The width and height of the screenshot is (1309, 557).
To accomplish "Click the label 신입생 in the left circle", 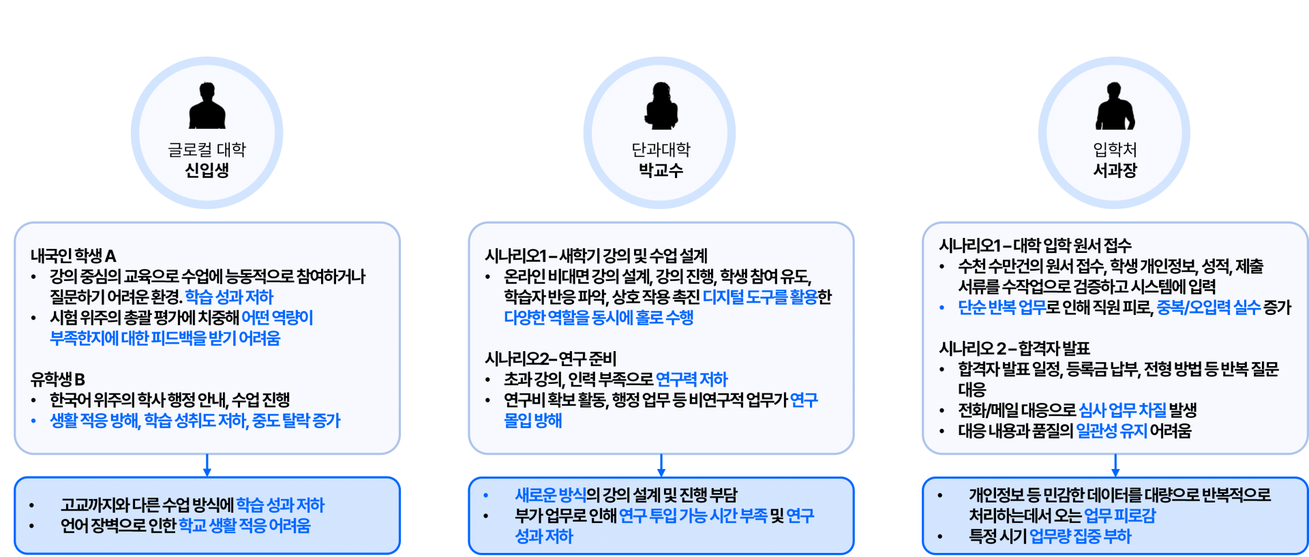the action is click(x=207, y=170).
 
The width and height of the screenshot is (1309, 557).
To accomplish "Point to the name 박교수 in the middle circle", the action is click(x=661, y=170).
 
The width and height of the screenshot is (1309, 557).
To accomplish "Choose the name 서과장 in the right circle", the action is click(x=1115, y=170).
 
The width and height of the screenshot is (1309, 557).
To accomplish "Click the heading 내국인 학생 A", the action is click(x=74, y=256).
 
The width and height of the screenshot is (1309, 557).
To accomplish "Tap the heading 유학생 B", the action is click(x=58, y=379).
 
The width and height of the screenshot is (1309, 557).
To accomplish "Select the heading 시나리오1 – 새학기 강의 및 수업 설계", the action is click(x=596, y=256).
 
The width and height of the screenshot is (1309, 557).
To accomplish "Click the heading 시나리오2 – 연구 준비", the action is click(x=550, y=359).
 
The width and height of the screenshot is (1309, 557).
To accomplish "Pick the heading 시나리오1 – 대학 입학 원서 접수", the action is click(x=1034, y=245).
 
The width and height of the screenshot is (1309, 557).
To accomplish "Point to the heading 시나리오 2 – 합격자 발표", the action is click(x=1014, y=348).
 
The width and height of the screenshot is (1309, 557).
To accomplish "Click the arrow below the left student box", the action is click(x=207, y=466).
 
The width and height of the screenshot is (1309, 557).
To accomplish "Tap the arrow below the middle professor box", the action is click(x=661, y=466).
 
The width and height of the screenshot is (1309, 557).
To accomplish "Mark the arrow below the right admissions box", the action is click(x=1115, y=466).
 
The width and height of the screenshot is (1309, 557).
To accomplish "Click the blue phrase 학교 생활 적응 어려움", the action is click(x=244, y=526).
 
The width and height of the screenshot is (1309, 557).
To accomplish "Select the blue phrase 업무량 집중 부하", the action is click(x=1080, y=537).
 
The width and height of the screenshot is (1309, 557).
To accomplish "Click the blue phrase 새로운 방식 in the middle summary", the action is click(x=550, y=495).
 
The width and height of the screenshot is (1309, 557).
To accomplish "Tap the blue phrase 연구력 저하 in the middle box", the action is click(x=691, y=379).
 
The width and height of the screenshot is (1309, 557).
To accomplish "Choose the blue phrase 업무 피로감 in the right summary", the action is click(x=1119, y=515).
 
